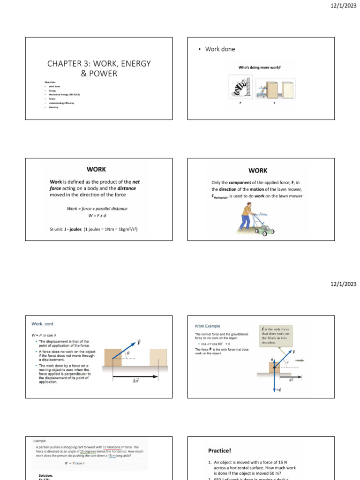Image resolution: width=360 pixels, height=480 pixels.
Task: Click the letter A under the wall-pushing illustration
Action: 240,103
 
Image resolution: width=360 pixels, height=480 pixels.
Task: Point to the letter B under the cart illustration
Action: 275,103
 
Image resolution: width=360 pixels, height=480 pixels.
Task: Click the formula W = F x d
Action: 97,215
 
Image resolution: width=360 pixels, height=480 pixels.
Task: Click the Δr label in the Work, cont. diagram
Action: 133,381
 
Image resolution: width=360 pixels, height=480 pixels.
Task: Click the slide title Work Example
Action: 208,326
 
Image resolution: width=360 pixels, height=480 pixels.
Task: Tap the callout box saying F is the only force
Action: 277,336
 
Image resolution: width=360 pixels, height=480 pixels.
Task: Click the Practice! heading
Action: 220,450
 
